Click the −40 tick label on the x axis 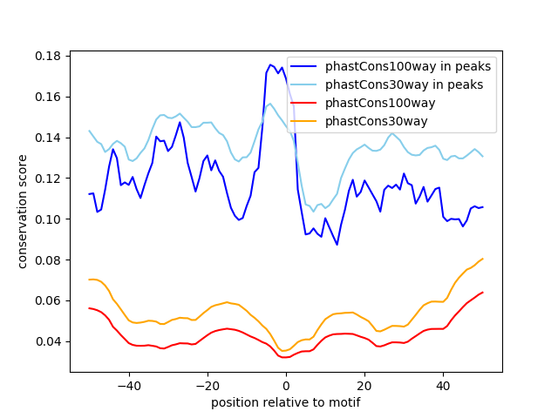(x=128, y=385)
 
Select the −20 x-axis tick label (x=207, y=385)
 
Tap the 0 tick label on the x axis (x=286, y=385)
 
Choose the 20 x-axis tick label (x=364, y=385)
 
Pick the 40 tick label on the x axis (x=443, y=385)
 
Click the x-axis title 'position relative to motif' (x=286, y=402)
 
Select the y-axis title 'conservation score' (x=23, y=211)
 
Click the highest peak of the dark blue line (x=270, y=64)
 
